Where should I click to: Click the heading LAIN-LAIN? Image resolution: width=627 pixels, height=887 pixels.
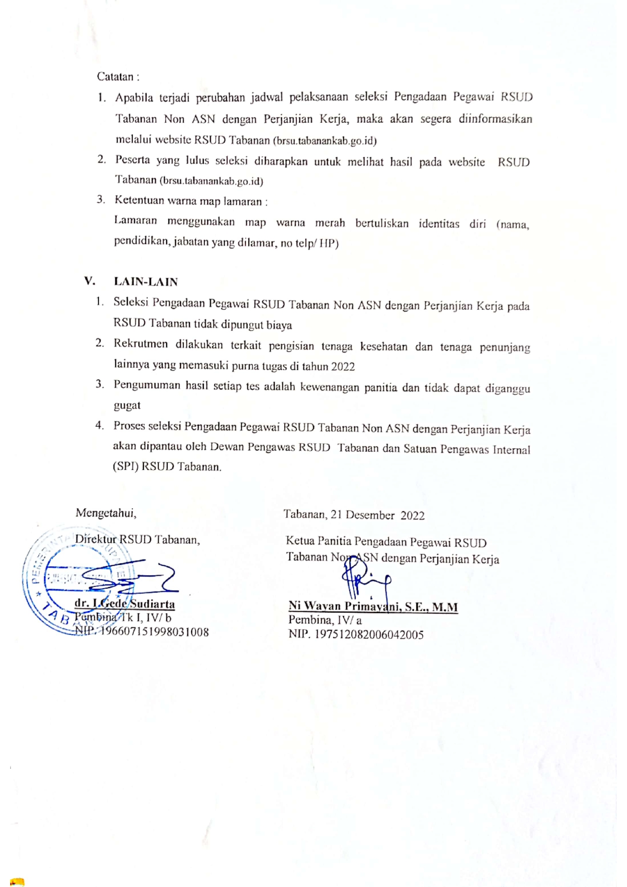coord(146,282)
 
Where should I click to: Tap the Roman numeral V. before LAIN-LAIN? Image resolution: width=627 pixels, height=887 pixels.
coord(89,281)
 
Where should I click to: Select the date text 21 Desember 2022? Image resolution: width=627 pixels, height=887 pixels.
coord(377,515)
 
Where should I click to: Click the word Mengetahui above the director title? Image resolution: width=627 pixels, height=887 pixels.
coord(106,513)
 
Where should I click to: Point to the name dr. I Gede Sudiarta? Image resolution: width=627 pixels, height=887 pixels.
coord(124,603)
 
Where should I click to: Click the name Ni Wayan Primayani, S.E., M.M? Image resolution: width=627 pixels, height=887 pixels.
coord(373,606)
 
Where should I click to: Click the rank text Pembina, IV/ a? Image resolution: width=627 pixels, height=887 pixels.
coord(325,620)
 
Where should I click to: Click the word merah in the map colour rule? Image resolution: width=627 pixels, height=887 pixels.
coord(330,223)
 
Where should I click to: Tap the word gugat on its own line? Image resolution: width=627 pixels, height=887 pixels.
coord(127,405)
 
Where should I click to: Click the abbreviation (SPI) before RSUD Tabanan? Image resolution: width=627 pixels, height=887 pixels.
coord(125,466)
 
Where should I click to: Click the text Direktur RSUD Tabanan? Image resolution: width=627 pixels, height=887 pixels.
coord(137,539)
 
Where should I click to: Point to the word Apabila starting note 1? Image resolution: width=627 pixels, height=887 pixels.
coord(134,98)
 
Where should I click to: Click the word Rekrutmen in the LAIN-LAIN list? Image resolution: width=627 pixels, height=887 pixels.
coord(141,344)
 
